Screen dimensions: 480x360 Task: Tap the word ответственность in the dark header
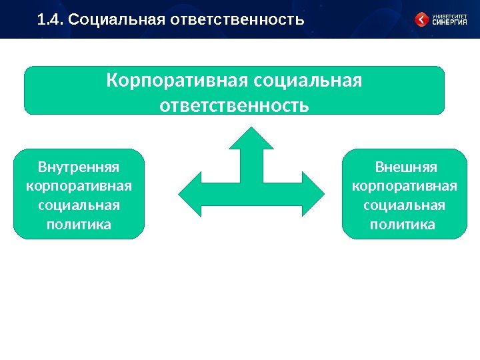pos(237,20)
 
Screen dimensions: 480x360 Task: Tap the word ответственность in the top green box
pos(235,105)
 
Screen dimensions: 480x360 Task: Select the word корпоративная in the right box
pos(404,183)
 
